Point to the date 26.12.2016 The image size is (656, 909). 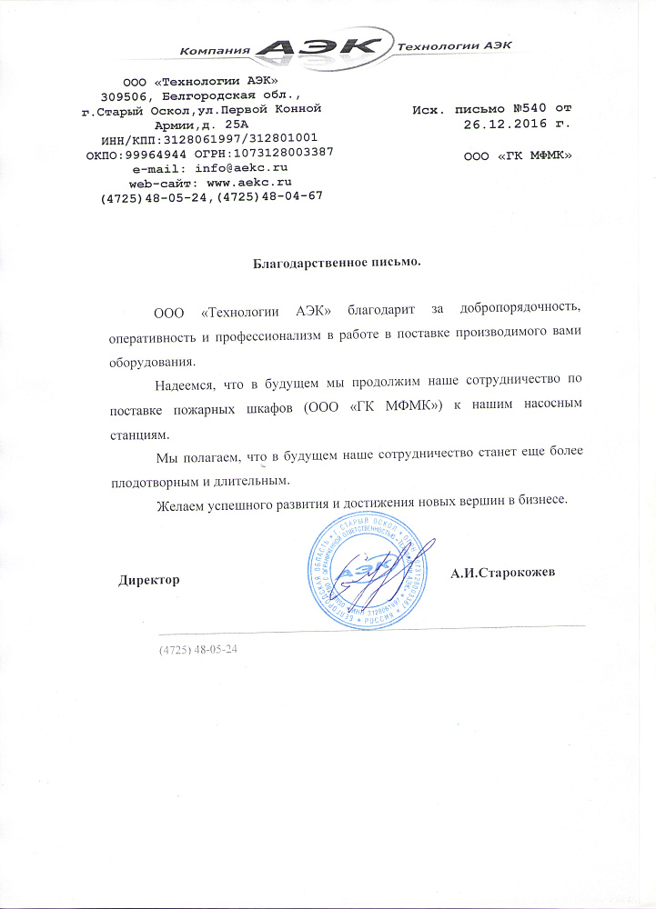[x=495, y=125]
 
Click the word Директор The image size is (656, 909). [x=149, y=579]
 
